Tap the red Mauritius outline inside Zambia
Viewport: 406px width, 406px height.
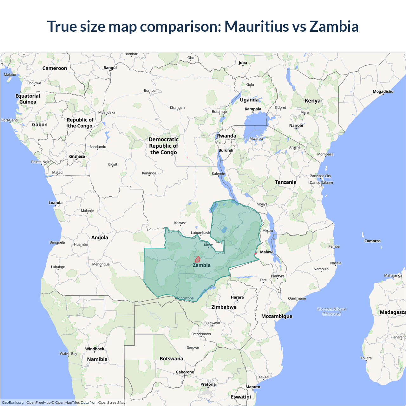pos(197,259)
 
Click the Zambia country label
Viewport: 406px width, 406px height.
pos(201,265)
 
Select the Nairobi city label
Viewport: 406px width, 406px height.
pos(296,126)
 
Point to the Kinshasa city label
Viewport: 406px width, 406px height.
pos(77,156)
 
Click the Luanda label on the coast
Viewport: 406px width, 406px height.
pos(56,203)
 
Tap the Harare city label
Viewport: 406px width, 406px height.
pos(237,297)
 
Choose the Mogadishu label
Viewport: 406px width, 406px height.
pos(383,92)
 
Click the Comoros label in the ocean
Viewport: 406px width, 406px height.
pos(372,241)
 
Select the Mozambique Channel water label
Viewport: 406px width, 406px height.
pos(331,311)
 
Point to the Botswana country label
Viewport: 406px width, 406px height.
pos(171,359)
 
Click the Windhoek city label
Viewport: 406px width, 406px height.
pos(95,349)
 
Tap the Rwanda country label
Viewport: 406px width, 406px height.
pos(226,136)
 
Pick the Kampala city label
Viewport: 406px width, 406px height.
pos(253,109)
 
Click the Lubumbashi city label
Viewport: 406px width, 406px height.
pos(200,233)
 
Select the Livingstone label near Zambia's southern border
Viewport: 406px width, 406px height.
pos(185,298)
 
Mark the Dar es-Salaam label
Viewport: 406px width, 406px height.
pos(321,183)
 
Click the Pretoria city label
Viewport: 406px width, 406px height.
pos(208,384)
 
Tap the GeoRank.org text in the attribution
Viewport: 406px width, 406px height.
pos(13,403)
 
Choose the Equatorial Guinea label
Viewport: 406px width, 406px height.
pos(28,99)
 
